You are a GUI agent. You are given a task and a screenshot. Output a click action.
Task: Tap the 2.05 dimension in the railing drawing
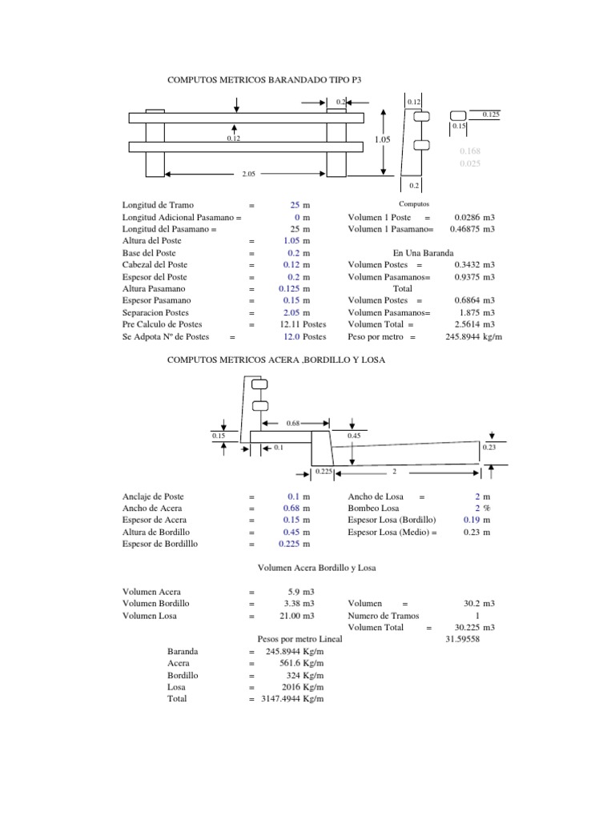[x=249, y=174]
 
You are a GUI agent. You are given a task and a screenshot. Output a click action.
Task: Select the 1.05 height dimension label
[x=382, y=139]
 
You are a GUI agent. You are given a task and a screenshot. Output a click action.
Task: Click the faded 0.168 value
[x=470, y=151]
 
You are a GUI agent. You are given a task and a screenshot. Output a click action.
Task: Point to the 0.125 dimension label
[x=491, y=115]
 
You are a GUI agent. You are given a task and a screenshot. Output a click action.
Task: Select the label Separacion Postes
[x=156, y=312]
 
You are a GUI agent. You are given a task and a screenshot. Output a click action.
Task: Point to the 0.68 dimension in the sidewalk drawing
[x=293, y=423]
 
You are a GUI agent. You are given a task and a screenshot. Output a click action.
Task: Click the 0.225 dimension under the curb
[x=324, y=472]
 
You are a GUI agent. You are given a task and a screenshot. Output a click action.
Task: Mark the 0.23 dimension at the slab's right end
[x=489, y=448]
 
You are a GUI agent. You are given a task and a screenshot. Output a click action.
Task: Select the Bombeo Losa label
[x=372, y=508]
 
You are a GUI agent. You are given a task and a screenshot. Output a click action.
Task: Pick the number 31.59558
[x=462, y=639]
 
